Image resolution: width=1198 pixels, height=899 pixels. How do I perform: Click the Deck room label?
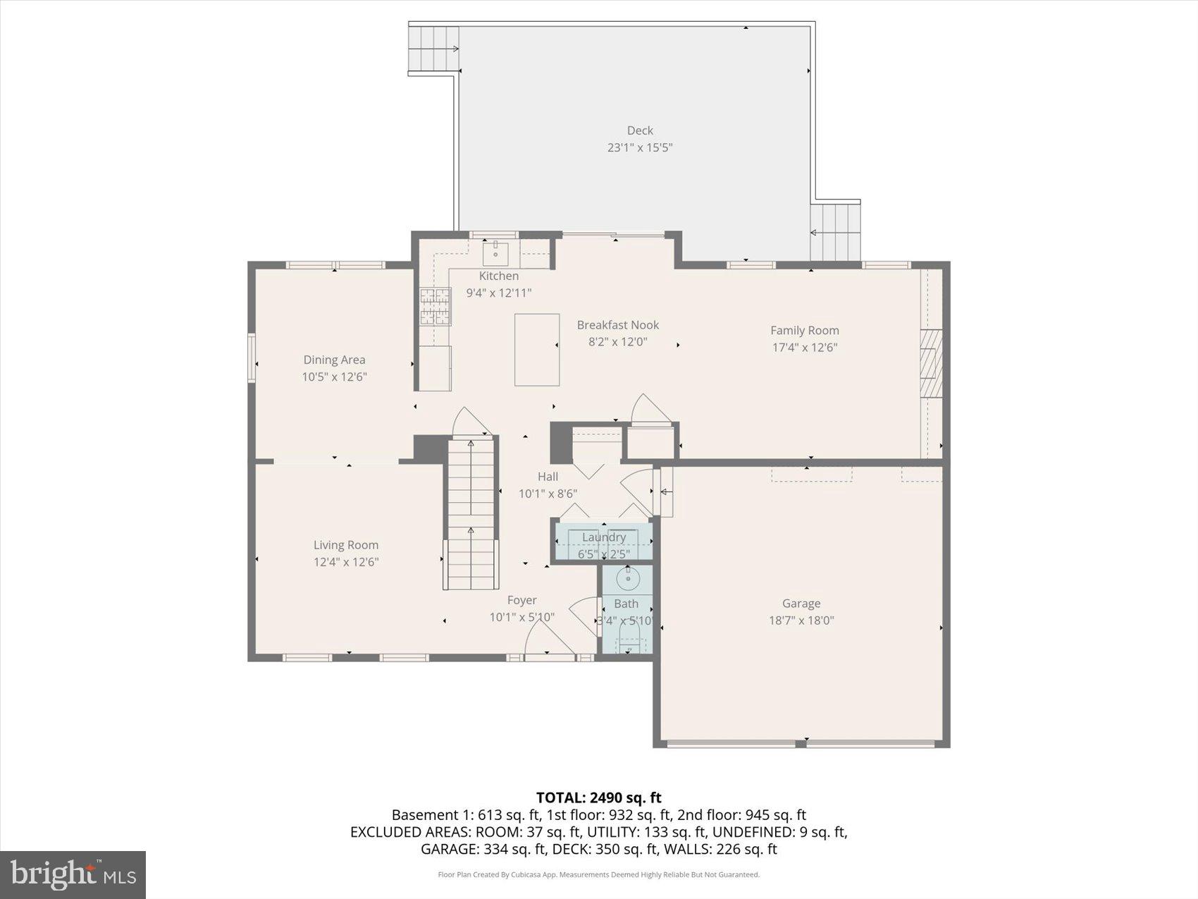(x=640, y=130)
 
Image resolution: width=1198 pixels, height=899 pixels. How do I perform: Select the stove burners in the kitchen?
(x=435, y=306)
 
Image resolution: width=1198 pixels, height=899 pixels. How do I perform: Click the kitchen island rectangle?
(x=537, y=350)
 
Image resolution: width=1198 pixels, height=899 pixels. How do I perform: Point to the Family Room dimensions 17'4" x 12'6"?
(x=804, y=348)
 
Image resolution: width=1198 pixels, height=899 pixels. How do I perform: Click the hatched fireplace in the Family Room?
(x=931, y=364)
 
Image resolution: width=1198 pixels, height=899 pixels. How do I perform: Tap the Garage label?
(x=801, y=604)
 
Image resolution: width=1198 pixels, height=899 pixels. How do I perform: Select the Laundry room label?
(x=604, y=537)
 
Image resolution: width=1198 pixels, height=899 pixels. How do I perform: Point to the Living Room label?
(x=346, y=545)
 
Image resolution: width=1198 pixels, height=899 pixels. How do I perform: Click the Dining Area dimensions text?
(x=334, y=377)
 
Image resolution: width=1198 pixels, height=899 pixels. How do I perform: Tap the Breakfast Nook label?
(x=618, y=325)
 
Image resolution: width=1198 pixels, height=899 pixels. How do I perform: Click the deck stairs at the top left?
(x=433, y=49)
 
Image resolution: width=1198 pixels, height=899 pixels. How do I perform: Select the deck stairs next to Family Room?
(x=835, y=232)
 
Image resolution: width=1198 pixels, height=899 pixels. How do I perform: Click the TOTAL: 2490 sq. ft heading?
(x=598, y=797)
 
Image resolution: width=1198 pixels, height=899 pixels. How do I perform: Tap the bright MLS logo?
(x=73, y=875)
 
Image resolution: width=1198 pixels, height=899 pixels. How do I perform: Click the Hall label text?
(x=548, y=477)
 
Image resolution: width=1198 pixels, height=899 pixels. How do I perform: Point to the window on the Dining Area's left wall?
(x=252, y=358)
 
